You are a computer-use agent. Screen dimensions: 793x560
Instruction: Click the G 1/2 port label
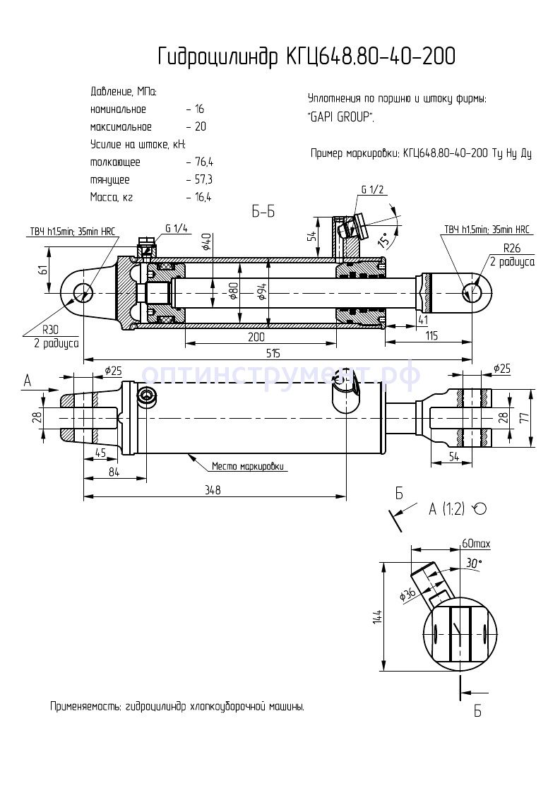coord(372,190)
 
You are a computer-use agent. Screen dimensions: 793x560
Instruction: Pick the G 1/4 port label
coord(176,228)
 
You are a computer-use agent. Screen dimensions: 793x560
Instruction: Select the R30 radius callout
coord(49,329)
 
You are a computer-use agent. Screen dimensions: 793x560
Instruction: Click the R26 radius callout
coord(512,249)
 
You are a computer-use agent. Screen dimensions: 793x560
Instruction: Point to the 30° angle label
coord(472,563)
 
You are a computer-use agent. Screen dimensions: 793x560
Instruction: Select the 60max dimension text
coord(476,544)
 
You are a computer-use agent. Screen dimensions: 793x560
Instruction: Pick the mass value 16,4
coord(202,197)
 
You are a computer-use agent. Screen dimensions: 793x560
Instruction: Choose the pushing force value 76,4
coord(202,162)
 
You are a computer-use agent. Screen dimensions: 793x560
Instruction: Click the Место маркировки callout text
coord(251,467)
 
